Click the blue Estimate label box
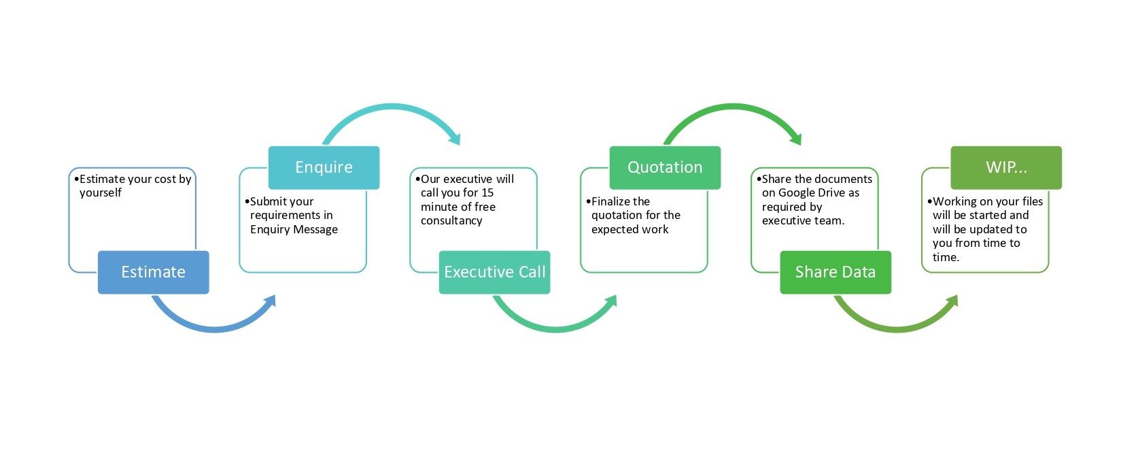pyautogui.click(x=153, y=272)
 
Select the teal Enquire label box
pyautogui.click(x=324, y=168)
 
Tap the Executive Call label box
pyautogui.click(x=494, y=272)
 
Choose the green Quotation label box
pyautogui.click(x=665, y=168)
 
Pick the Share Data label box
pyautogui.click(x=835, y=272)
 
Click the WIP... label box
pyautogui.click(x=1006, y=168)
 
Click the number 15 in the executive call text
pyautogui.click(x=487, y=193)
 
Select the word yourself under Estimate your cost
pyautogui.click(x=101, y=193)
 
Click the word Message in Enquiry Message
pyautogui.click(x=315, y=230)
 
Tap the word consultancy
pyautogui.click(x=451, y=221)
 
